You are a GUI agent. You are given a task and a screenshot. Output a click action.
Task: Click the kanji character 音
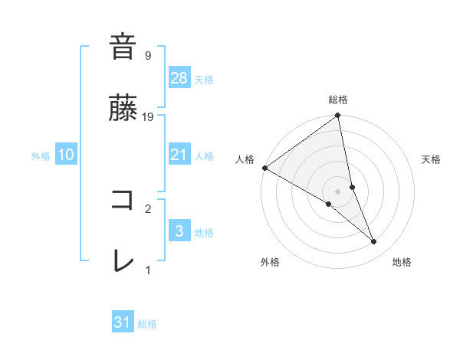(x=123, y=47)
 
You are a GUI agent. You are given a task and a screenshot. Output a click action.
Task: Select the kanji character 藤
(x=123, y=108)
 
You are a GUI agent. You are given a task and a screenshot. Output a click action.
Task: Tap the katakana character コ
(x=123, y=200)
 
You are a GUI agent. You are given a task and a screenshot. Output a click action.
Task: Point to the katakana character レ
(x=123, y=261)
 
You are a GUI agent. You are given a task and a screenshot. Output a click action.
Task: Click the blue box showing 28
(x=179, y=78)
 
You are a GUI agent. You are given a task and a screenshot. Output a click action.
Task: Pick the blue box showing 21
(x=179, y=155)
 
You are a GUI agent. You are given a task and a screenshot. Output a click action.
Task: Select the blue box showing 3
(x=179, y=231)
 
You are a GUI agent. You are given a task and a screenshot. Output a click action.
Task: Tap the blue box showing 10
(x=66, y=155)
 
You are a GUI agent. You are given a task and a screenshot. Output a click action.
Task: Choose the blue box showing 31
(x=123, y=322)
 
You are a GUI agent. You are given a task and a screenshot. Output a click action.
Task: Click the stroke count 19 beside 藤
(x=149, y=116)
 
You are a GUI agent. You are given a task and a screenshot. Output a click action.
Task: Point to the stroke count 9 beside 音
(x=148, y=55)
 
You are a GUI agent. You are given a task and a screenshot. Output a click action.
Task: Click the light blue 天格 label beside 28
(x=203, y=80)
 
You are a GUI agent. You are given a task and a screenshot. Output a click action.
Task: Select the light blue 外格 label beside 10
(x=41, y=156)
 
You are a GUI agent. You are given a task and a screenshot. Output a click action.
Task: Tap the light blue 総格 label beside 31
(x=147, y=324)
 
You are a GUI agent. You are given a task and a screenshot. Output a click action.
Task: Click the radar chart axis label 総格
(x=338, y=100)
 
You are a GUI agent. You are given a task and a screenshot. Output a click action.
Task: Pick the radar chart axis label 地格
(x=402, y=262)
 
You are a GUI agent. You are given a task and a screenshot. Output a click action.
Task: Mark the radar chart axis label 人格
(x=245, y=159)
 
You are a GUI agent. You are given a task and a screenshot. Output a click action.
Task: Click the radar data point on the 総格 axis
(x=338, y=116)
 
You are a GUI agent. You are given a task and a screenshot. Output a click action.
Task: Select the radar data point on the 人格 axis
(x=264, y=168)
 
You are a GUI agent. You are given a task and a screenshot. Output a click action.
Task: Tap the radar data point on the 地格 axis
(x=374, y=242)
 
